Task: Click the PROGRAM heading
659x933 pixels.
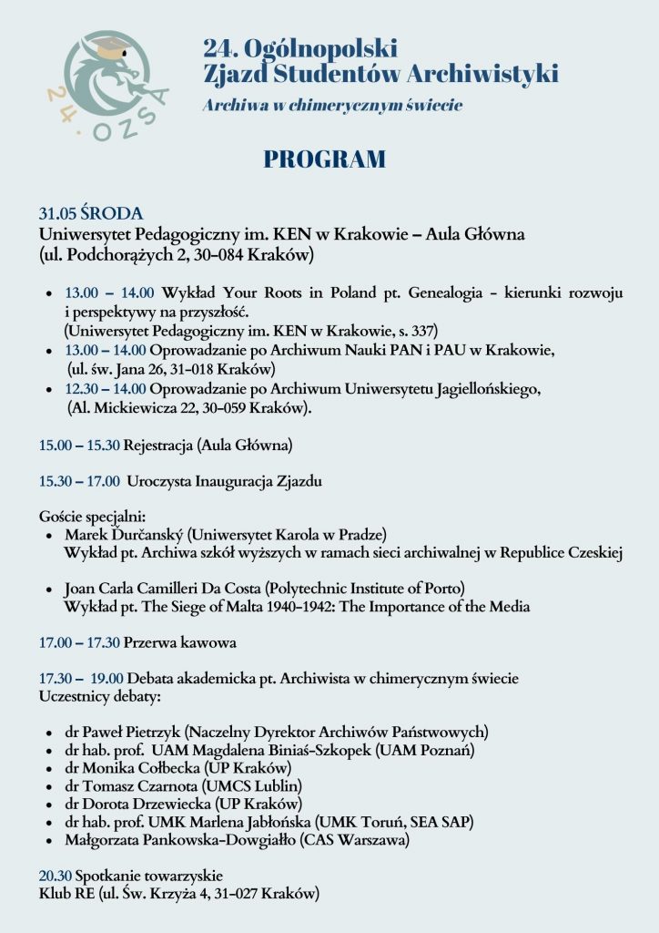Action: point(324,159)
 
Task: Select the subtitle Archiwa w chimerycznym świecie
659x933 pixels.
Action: point(332,106)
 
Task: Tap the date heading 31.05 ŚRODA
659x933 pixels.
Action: point(90,214)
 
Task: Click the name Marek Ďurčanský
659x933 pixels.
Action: point(122,533)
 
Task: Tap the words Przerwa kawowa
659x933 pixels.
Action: point(180,642)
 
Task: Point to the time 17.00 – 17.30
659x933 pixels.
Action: point(79,642)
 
